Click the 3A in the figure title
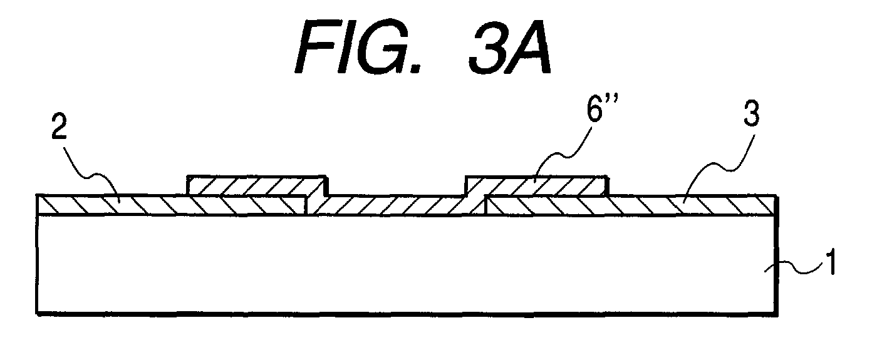510,48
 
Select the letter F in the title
317,48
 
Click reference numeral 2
59,127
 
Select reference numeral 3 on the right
751,113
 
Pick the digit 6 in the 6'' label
595,110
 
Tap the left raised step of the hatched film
257,185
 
